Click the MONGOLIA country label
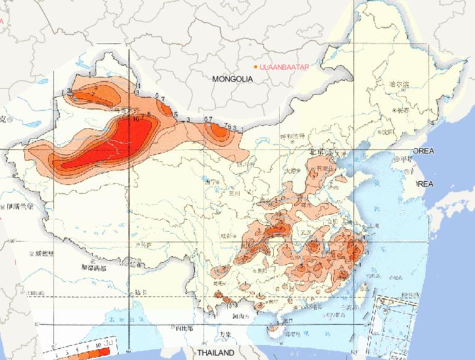(x=233, y=79)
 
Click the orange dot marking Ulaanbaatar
(x=255, y=66)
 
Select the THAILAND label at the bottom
(x=216, y=353)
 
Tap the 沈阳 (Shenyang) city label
(x=388, y=131)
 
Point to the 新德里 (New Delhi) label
(x=45, y=254)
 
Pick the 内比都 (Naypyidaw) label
(x=184, y=328)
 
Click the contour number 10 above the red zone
(x=135, y=117)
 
